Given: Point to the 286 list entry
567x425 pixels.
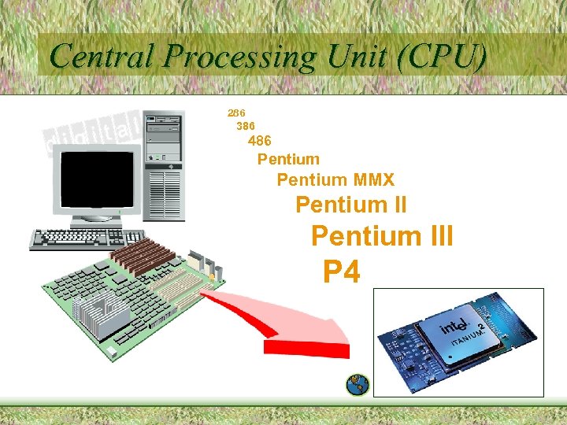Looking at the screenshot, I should [236, 113].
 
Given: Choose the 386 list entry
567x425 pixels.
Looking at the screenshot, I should [246, 125].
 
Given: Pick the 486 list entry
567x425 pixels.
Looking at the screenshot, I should [260, 142].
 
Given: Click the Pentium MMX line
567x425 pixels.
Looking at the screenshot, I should [335, 180].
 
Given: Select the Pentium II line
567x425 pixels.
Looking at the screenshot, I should [351, 205].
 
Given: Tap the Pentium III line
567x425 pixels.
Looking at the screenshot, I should [382, 236].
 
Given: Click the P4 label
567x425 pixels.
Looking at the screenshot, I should [342, 272].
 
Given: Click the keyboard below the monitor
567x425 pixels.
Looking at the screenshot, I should [87, 238].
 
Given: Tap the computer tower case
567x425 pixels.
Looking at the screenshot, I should [164, 165].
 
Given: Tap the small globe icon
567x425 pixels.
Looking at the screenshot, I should [358, 383].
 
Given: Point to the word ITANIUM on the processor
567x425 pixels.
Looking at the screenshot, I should [465, 345].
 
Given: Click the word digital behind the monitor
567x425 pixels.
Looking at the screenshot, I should [94, 132].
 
